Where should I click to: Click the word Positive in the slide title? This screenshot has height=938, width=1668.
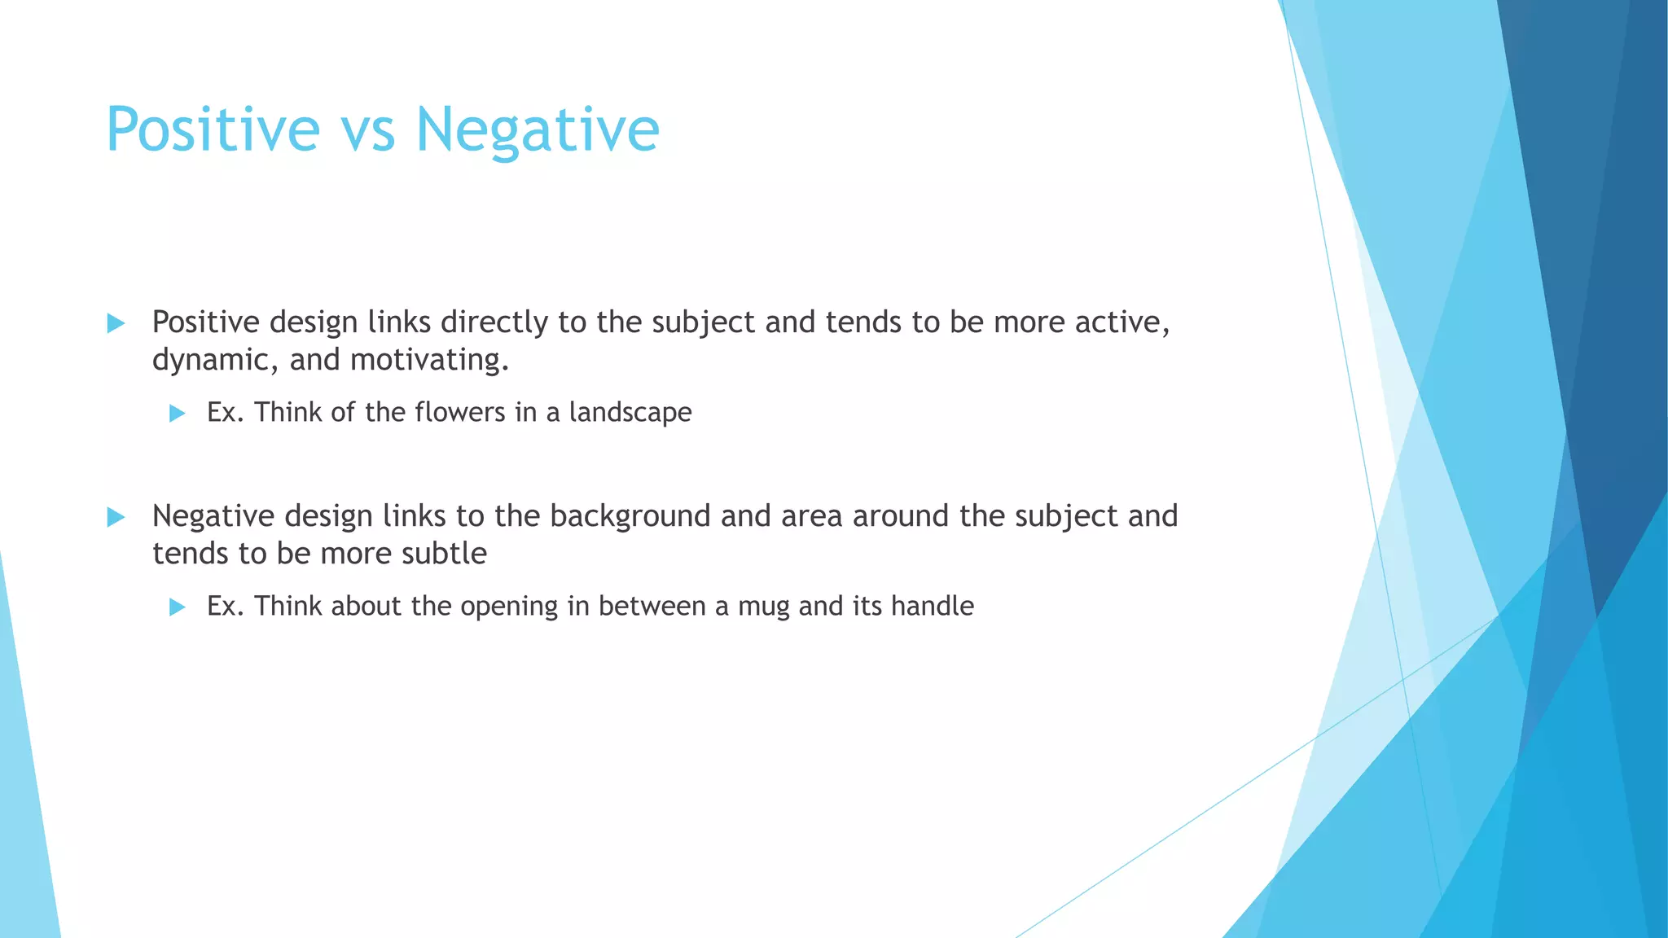tap(213, 129)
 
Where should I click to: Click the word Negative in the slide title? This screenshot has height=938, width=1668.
tap(538, 129)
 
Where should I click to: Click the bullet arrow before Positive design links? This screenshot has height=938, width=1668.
tap(116, 323)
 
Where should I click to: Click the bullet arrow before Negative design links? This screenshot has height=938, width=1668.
tap(116, 517)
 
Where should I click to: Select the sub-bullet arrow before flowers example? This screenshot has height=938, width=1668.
tap(177, 414)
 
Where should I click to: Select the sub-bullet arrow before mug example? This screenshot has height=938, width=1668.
tap(177, 607)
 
